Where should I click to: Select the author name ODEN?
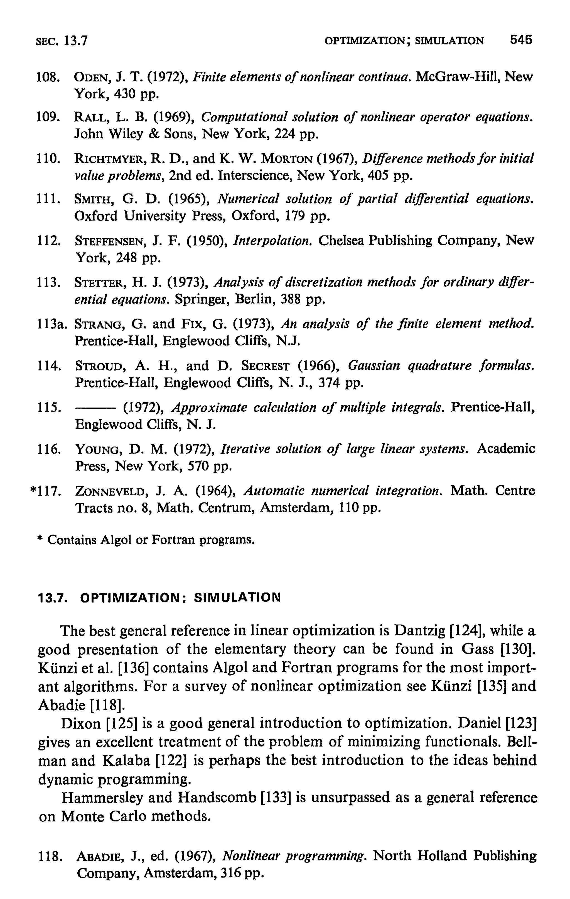[92, 77]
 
